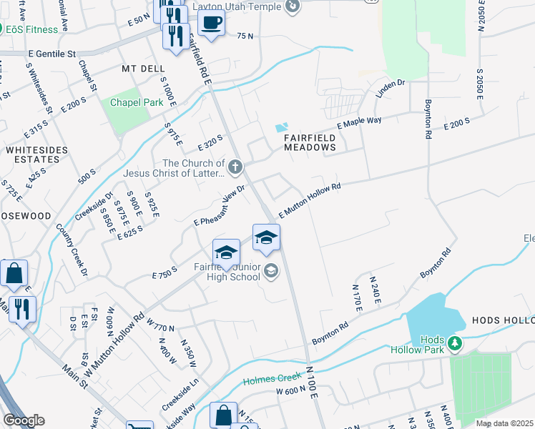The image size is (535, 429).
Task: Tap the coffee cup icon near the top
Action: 211,22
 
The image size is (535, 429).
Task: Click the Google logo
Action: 23,420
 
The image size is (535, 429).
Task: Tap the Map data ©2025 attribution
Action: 504,423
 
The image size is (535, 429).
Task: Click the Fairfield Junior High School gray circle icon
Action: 270,271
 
